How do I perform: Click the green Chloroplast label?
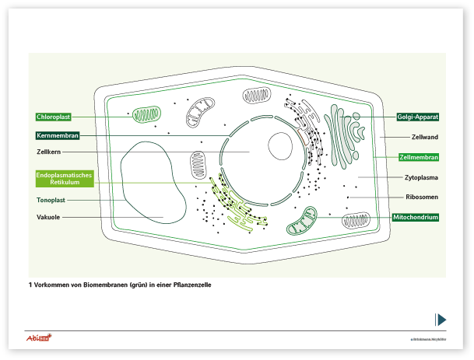pyautogui.click(x=54, y=117)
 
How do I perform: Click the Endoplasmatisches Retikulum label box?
pyautogui.click(x=65, y=179)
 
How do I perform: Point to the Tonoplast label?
pyautogui.click(x=50, y=200)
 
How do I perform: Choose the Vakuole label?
pyautogui.click(x=48, y=217)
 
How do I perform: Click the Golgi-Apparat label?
pyautogui.click(x=418, y=117)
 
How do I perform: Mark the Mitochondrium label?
pyautogui.click(x=415, y=217)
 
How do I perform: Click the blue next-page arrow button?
pyautogui.click(x=441, y=319)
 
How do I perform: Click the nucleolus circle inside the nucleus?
pyautogui.click(x=280, y=145)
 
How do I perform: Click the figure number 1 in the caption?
pyautogui.click(x=30, y=285)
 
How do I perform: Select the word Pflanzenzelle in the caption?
pyautogui.click(x=191, y=285)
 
